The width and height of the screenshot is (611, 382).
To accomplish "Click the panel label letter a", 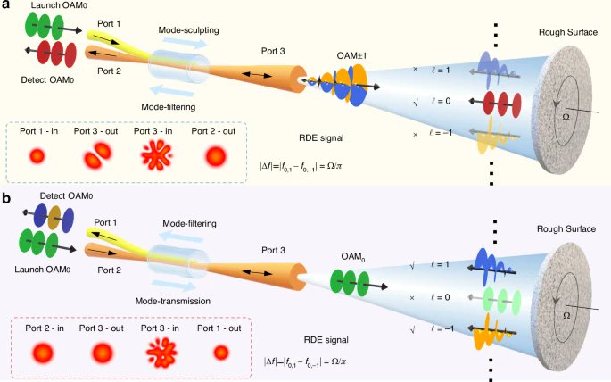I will pos(6,6).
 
